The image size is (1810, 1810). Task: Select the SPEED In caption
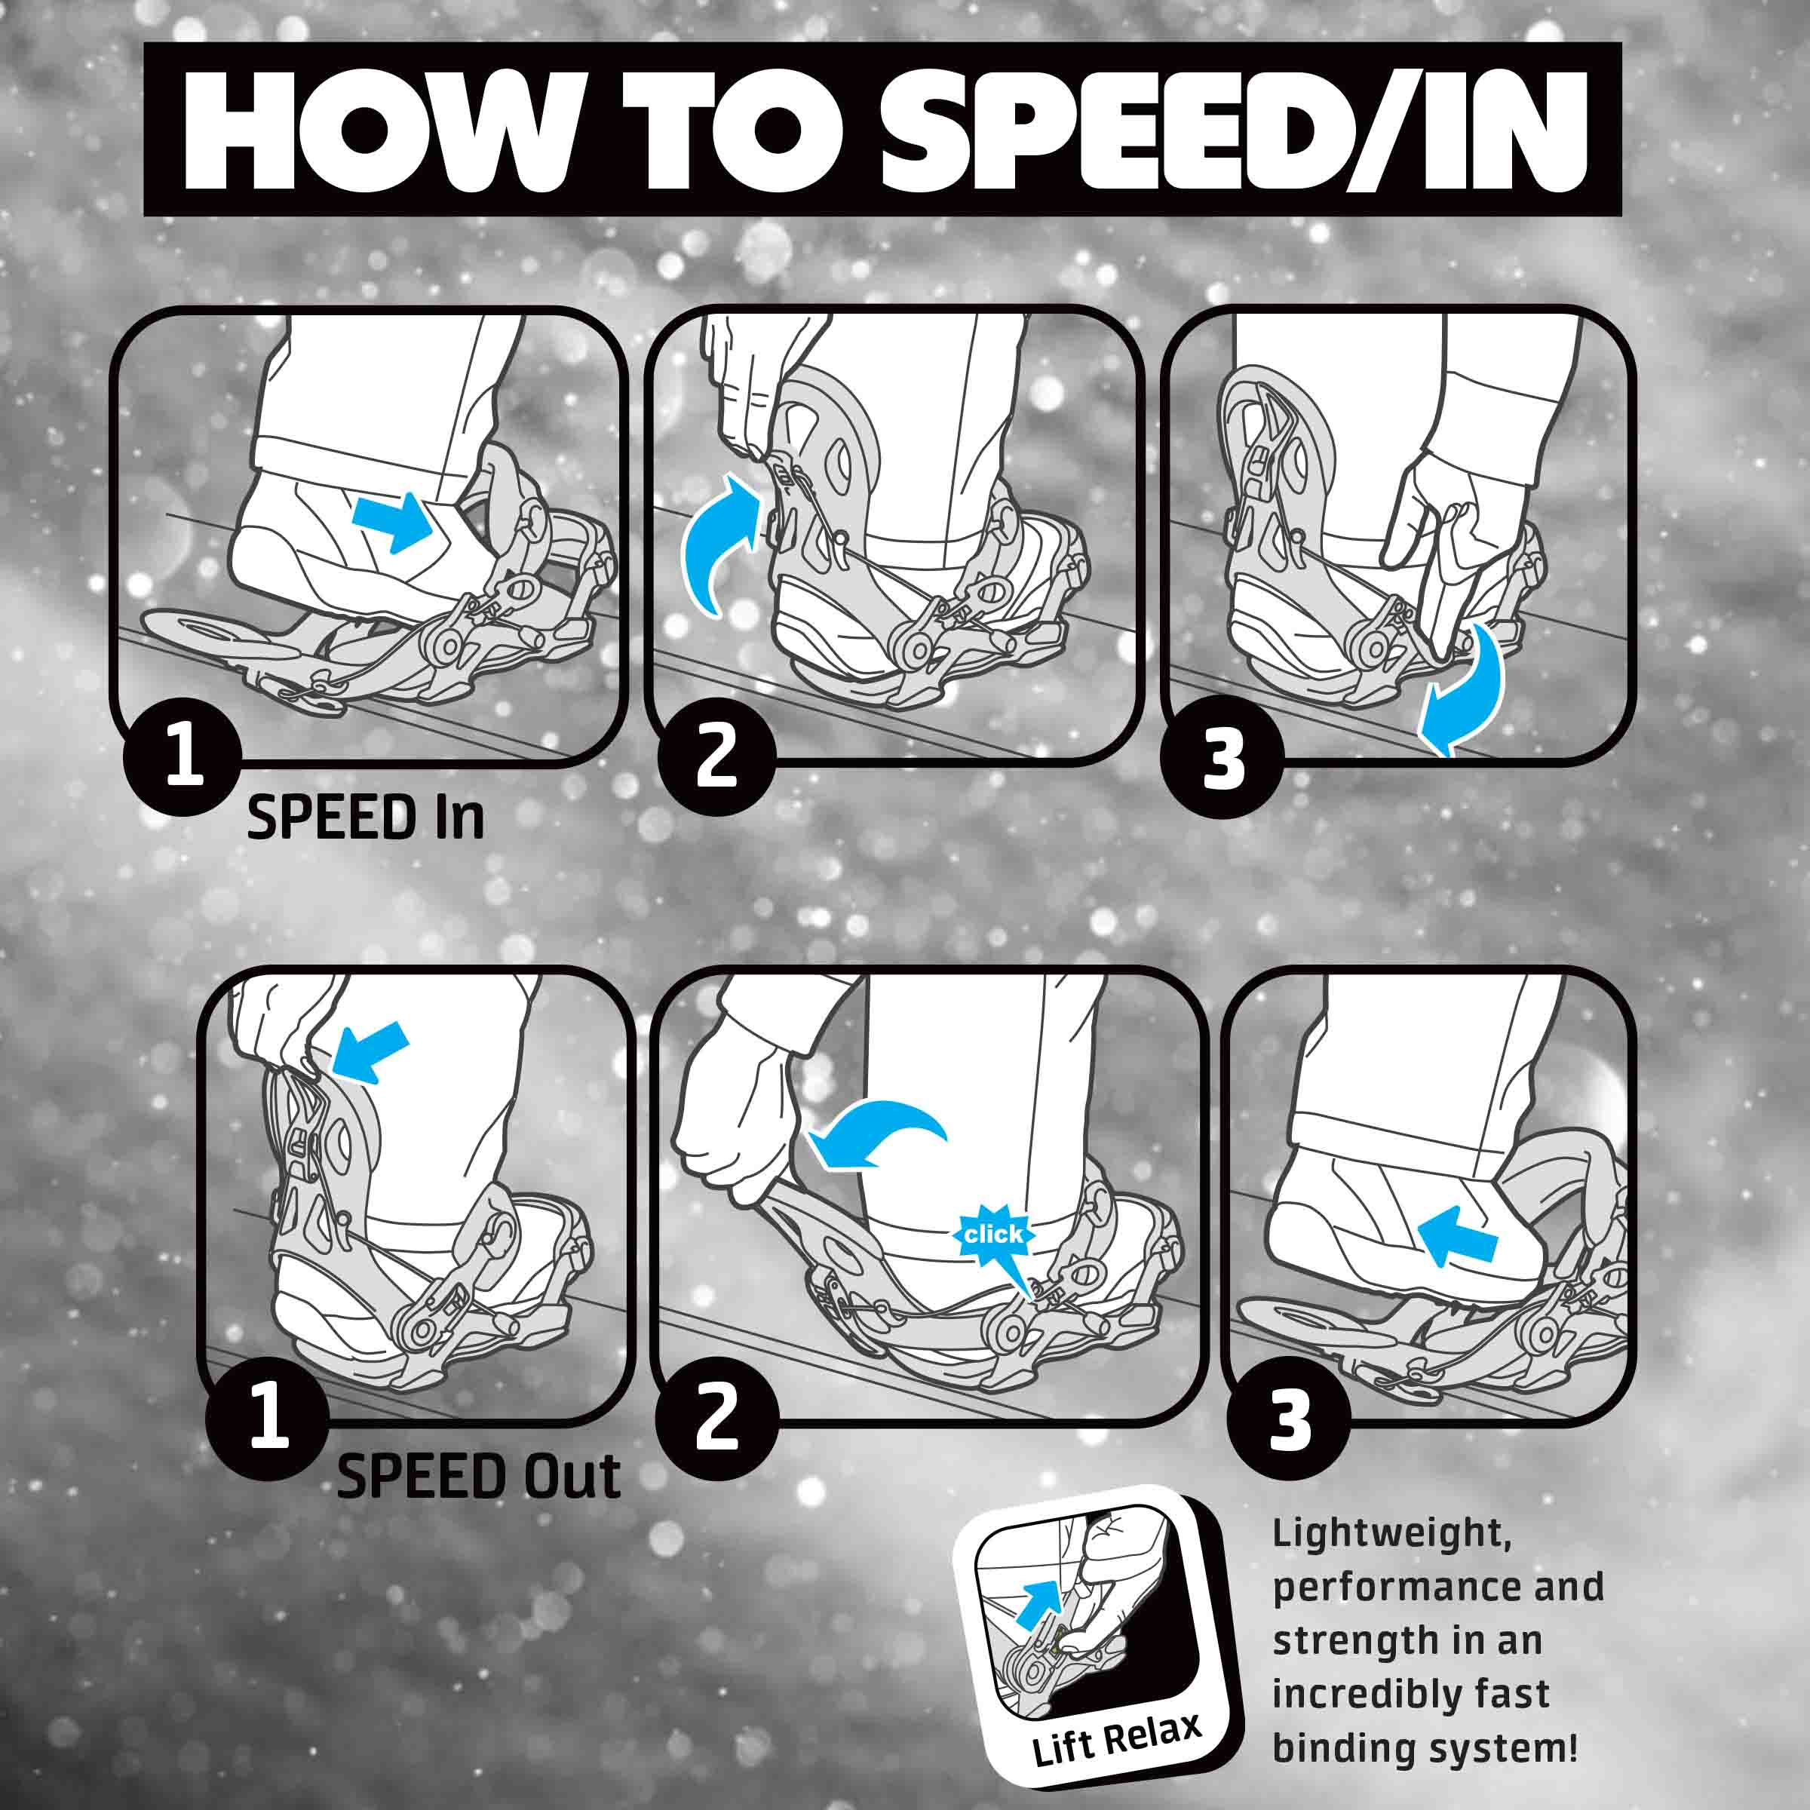[365, 818]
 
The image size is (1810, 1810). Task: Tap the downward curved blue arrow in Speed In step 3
[1463, 689]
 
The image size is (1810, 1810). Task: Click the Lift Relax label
[1116, 1740]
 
